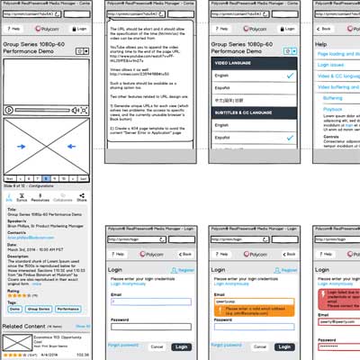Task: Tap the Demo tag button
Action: pyautogui.click(x=18, y=308)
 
